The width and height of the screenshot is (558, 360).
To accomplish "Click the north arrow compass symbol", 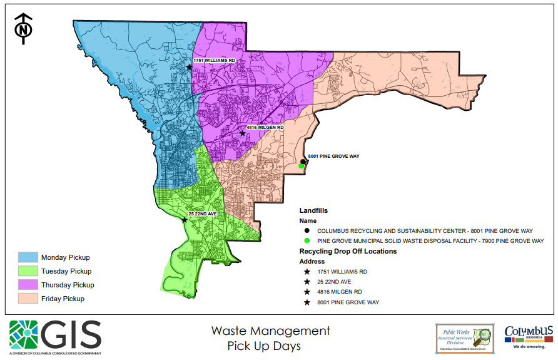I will pos(23,29).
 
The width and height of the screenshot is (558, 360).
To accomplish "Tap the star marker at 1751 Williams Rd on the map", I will pos(188,67).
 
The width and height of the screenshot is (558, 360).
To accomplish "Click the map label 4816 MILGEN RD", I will pos(265,127).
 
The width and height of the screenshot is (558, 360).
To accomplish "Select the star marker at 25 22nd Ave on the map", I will pos(184,220).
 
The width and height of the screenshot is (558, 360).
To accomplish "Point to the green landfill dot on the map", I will pos(302,167).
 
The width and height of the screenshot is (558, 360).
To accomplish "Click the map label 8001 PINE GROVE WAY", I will pos(333,156).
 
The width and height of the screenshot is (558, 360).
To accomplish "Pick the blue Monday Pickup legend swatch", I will pos(28,257).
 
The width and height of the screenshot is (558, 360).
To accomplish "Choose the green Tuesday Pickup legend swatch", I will pos(28,271).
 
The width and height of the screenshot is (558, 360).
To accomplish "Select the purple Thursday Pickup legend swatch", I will pos(28,285).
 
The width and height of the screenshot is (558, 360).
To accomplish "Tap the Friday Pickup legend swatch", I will pos(28,299).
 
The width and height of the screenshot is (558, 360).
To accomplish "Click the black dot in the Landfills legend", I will pos(307,230).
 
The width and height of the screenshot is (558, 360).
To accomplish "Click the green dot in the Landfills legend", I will pos(307,240).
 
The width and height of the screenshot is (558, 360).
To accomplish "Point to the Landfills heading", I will pos(313,211).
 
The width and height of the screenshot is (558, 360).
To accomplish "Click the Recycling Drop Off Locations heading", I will pos(348,251).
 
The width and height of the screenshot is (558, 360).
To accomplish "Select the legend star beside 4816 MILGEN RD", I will pos(307,292).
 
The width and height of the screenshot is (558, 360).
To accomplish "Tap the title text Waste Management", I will pos(270,331).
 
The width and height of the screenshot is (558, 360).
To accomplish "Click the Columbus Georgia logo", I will pos(529,336).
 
